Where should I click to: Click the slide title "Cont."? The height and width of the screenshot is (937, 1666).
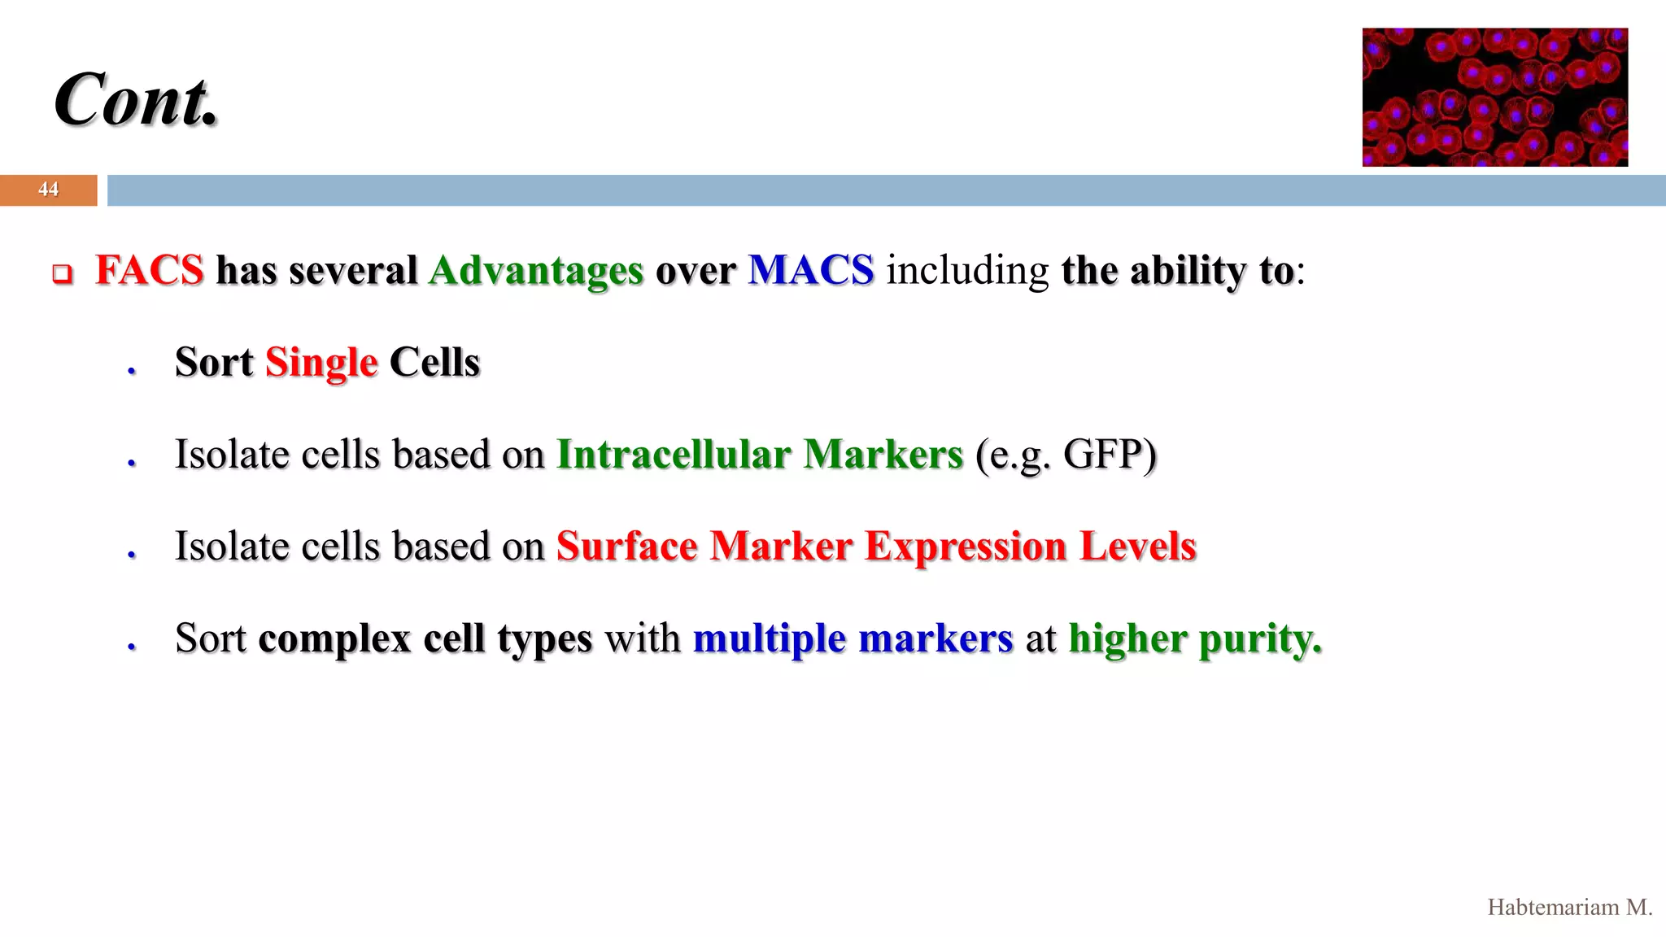pos(137,100)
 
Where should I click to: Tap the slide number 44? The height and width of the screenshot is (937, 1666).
pos(48,190)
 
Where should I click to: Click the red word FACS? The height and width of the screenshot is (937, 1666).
pos(149,270)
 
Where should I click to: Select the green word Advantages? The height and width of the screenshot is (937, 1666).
pos(536,272)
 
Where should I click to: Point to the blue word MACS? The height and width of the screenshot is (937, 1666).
pos(811,270)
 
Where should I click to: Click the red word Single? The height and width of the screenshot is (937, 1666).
pos(321,363)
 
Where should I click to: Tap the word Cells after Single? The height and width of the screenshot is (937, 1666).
pos(434,362)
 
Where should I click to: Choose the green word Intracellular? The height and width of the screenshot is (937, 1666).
pos(674,454)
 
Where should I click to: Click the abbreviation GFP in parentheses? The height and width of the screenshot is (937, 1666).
pos(1102,454)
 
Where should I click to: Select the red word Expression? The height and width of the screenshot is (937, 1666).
pos(965,547)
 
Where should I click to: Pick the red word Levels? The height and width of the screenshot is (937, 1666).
pos(1138,546)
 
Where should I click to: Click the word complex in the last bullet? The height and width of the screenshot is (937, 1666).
pos(334,638)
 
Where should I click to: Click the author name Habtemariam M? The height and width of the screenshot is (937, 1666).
pos(1569,908)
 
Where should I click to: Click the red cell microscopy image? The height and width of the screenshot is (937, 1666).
pos(1494,98)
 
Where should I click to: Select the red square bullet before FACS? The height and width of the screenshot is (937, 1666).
pos(63,274)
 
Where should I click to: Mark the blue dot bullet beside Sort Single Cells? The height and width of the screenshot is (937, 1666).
pos(131,371)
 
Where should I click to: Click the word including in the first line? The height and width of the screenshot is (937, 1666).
pos(967,271)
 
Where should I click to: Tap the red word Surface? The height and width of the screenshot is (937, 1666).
pos(626,546)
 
